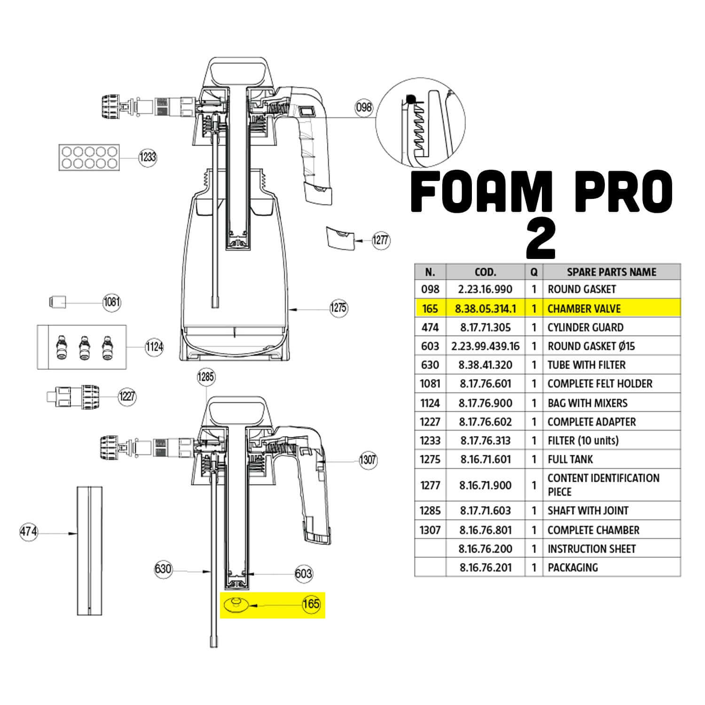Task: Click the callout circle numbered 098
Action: pos(364,108)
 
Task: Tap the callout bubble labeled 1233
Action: pos(148,157)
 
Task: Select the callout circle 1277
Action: pos(381,240)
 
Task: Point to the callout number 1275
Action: pos(338,308)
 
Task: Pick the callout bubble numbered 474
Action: pos(29,532)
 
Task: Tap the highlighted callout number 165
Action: pos(311,603)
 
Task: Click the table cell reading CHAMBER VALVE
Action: pos(584,309)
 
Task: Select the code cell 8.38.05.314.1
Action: pos(486,309)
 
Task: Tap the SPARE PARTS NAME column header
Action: pos(611,272)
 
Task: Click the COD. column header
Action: pos(486,272)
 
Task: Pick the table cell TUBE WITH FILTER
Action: pos(587,365)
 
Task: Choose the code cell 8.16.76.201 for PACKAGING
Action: pos(486,567)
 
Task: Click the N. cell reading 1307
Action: pos(430,530)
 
